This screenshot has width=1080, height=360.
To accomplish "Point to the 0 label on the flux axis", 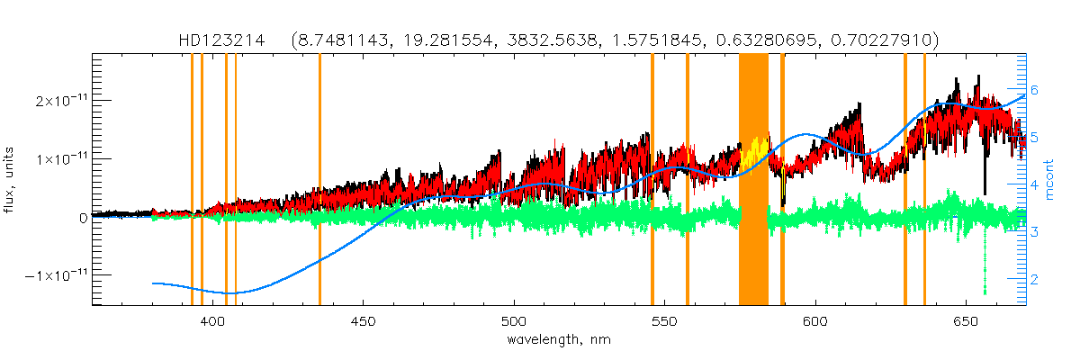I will click(83, 217).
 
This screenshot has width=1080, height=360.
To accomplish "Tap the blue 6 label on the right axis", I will click(1035, 90).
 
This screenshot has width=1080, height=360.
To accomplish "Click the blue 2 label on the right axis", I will click(1035, 280).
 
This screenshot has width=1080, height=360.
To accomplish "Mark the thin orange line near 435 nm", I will click(319, 180).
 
